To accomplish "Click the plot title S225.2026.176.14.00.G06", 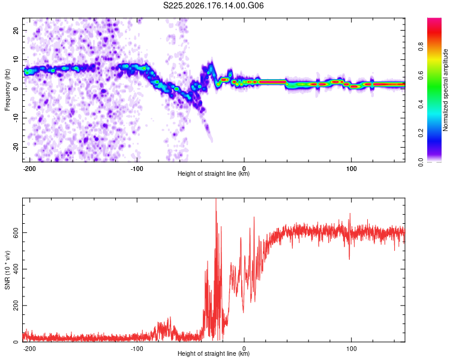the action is tap(213, 5).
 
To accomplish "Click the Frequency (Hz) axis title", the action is tap(7, 90).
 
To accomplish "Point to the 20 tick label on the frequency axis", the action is tap(16, 31).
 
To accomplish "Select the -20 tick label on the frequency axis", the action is tap(16, 147).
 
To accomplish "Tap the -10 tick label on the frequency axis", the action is tap(16, 118).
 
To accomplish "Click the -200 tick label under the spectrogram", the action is tap(29, 169).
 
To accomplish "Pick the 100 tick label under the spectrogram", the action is tap(351, 169).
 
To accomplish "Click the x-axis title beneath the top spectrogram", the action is tap(214, 173).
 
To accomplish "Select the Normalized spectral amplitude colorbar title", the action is tap(445, 90).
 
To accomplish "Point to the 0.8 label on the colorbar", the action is tap(421, 47).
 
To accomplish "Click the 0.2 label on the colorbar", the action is tap(421, 133).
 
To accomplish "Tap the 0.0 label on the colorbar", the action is tap(421, 162).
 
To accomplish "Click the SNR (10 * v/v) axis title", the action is tap(7, 270).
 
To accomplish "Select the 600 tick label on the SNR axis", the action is tap(16, 232).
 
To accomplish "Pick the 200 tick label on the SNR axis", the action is tap(16, 305).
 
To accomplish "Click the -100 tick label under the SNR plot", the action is tap(137, 349).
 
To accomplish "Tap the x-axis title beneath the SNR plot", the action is tap(214, 353).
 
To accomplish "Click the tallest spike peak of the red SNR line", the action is tap(216, 199).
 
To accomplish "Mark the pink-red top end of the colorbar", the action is tap(434, 19).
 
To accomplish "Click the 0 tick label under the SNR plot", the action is tap(244, 349).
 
